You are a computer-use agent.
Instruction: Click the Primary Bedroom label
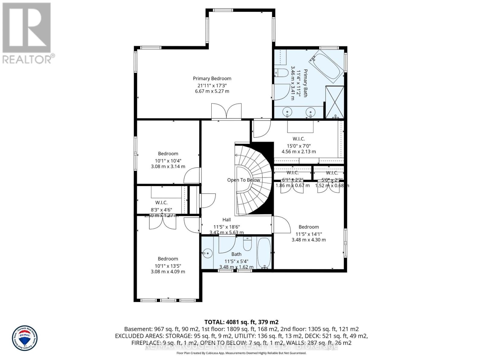pos(212,79)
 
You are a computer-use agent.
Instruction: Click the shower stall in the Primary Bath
pos(334,102)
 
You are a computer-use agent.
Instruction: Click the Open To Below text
pos(243,180)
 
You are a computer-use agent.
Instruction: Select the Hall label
pos(226,220)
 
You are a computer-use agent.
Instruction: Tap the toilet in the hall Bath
pos(247,244)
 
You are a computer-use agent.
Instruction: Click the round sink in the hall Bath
pos(207,253)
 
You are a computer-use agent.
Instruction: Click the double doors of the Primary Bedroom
pos(226,111)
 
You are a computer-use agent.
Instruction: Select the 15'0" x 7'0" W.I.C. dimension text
pos(299,146)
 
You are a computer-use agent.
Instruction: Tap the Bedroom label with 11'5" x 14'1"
pos(309,227)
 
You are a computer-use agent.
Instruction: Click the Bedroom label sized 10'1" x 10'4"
pos(168,154)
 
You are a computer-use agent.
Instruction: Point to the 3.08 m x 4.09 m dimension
pos(168,272)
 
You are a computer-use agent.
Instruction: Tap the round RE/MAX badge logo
pos(25,338)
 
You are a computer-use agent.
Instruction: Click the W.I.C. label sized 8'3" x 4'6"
pos(161,203)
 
